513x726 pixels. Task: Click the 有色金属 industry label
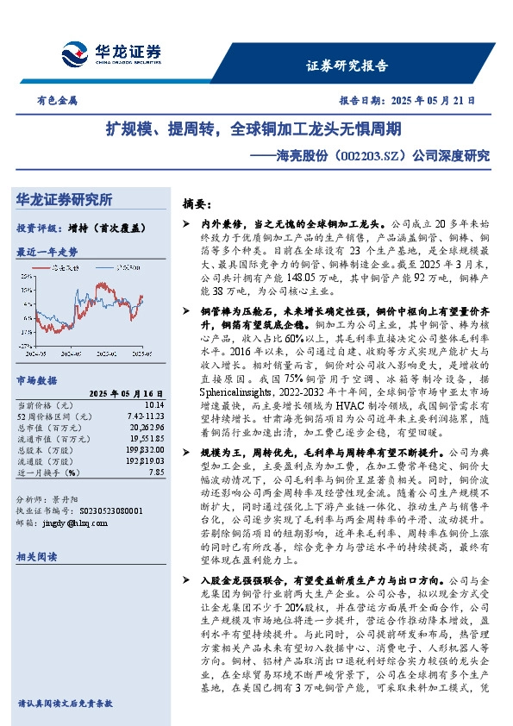click(57, 100)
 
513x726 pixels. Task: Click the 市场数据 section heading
click(37, 380)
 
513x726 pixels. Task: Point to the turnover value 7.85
click(155, 472)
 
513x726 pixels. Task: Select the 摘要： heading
click(197, 203)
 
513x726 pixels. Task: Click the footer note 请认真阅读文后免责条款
click(65, 703)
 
